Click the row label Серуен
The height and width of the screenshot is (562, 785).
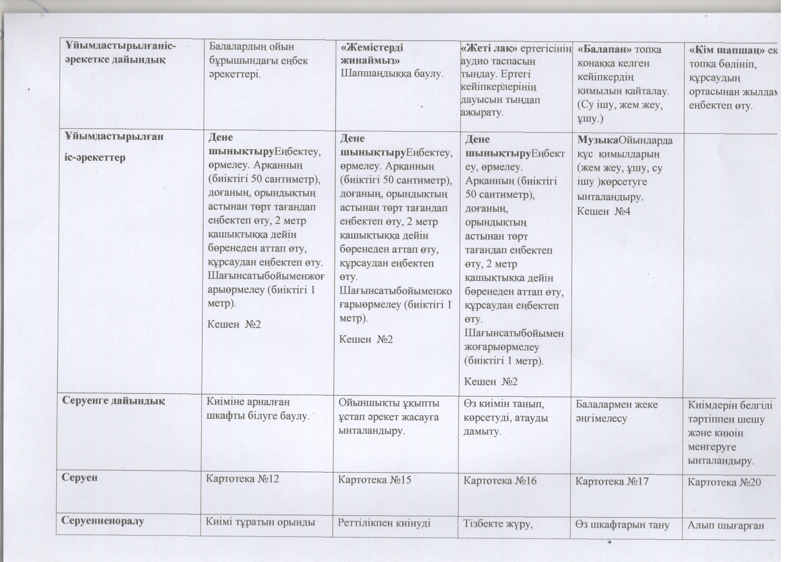click(x=80, y=478)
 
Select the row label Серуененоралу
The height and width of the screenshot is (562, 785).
click(x=103, y=521)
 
